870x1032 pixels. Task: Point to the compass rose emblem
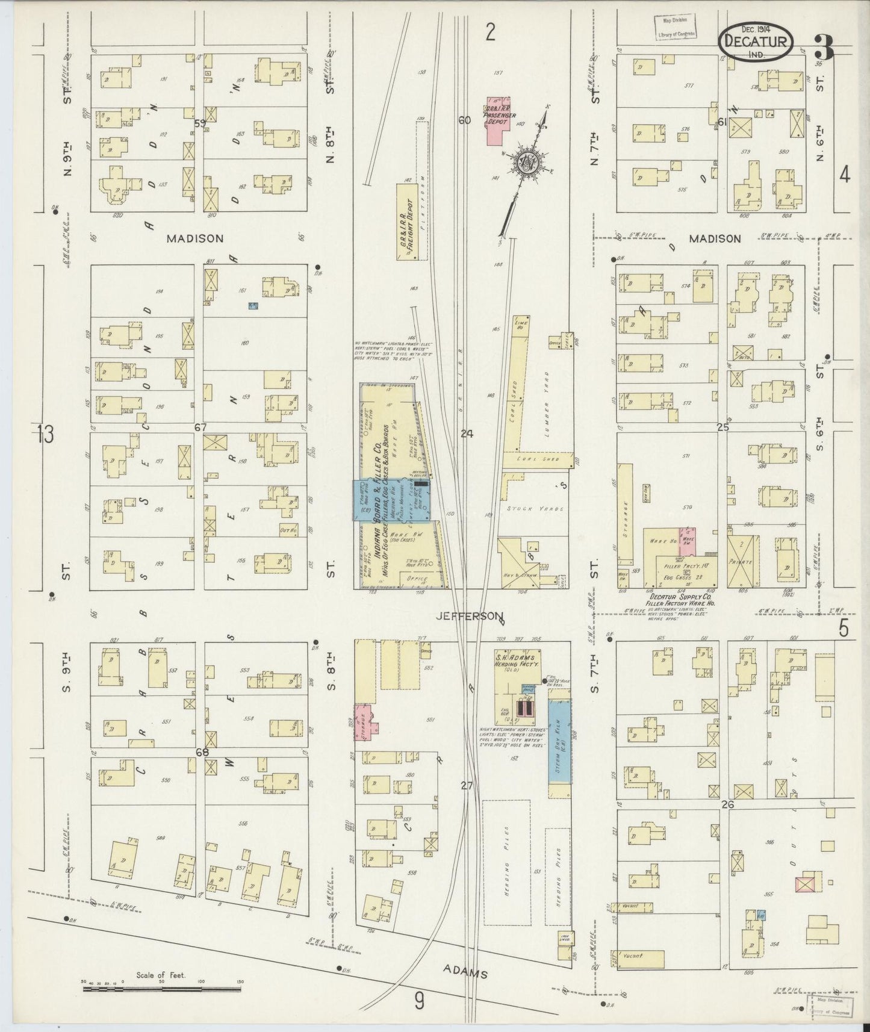pyautogui.click(x=524, y=163)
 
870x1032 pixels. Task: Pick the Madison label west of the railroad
pyautogui.click(x=195, y=238)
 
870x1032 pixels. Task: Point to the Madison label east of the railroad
pyautogui.click(x=715, y=238)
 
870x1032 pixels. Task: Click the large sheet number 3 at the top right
pyautogui.click(x=823, y=48)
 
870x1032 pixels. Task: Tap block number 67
pyautogui.click(x=200, y=427)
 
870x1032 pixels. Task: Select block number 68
pyautogui.click(x=201, y=752)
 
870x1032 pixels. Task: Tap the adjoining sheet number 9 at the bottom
pyautogui.click(x=420, y=1001)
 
